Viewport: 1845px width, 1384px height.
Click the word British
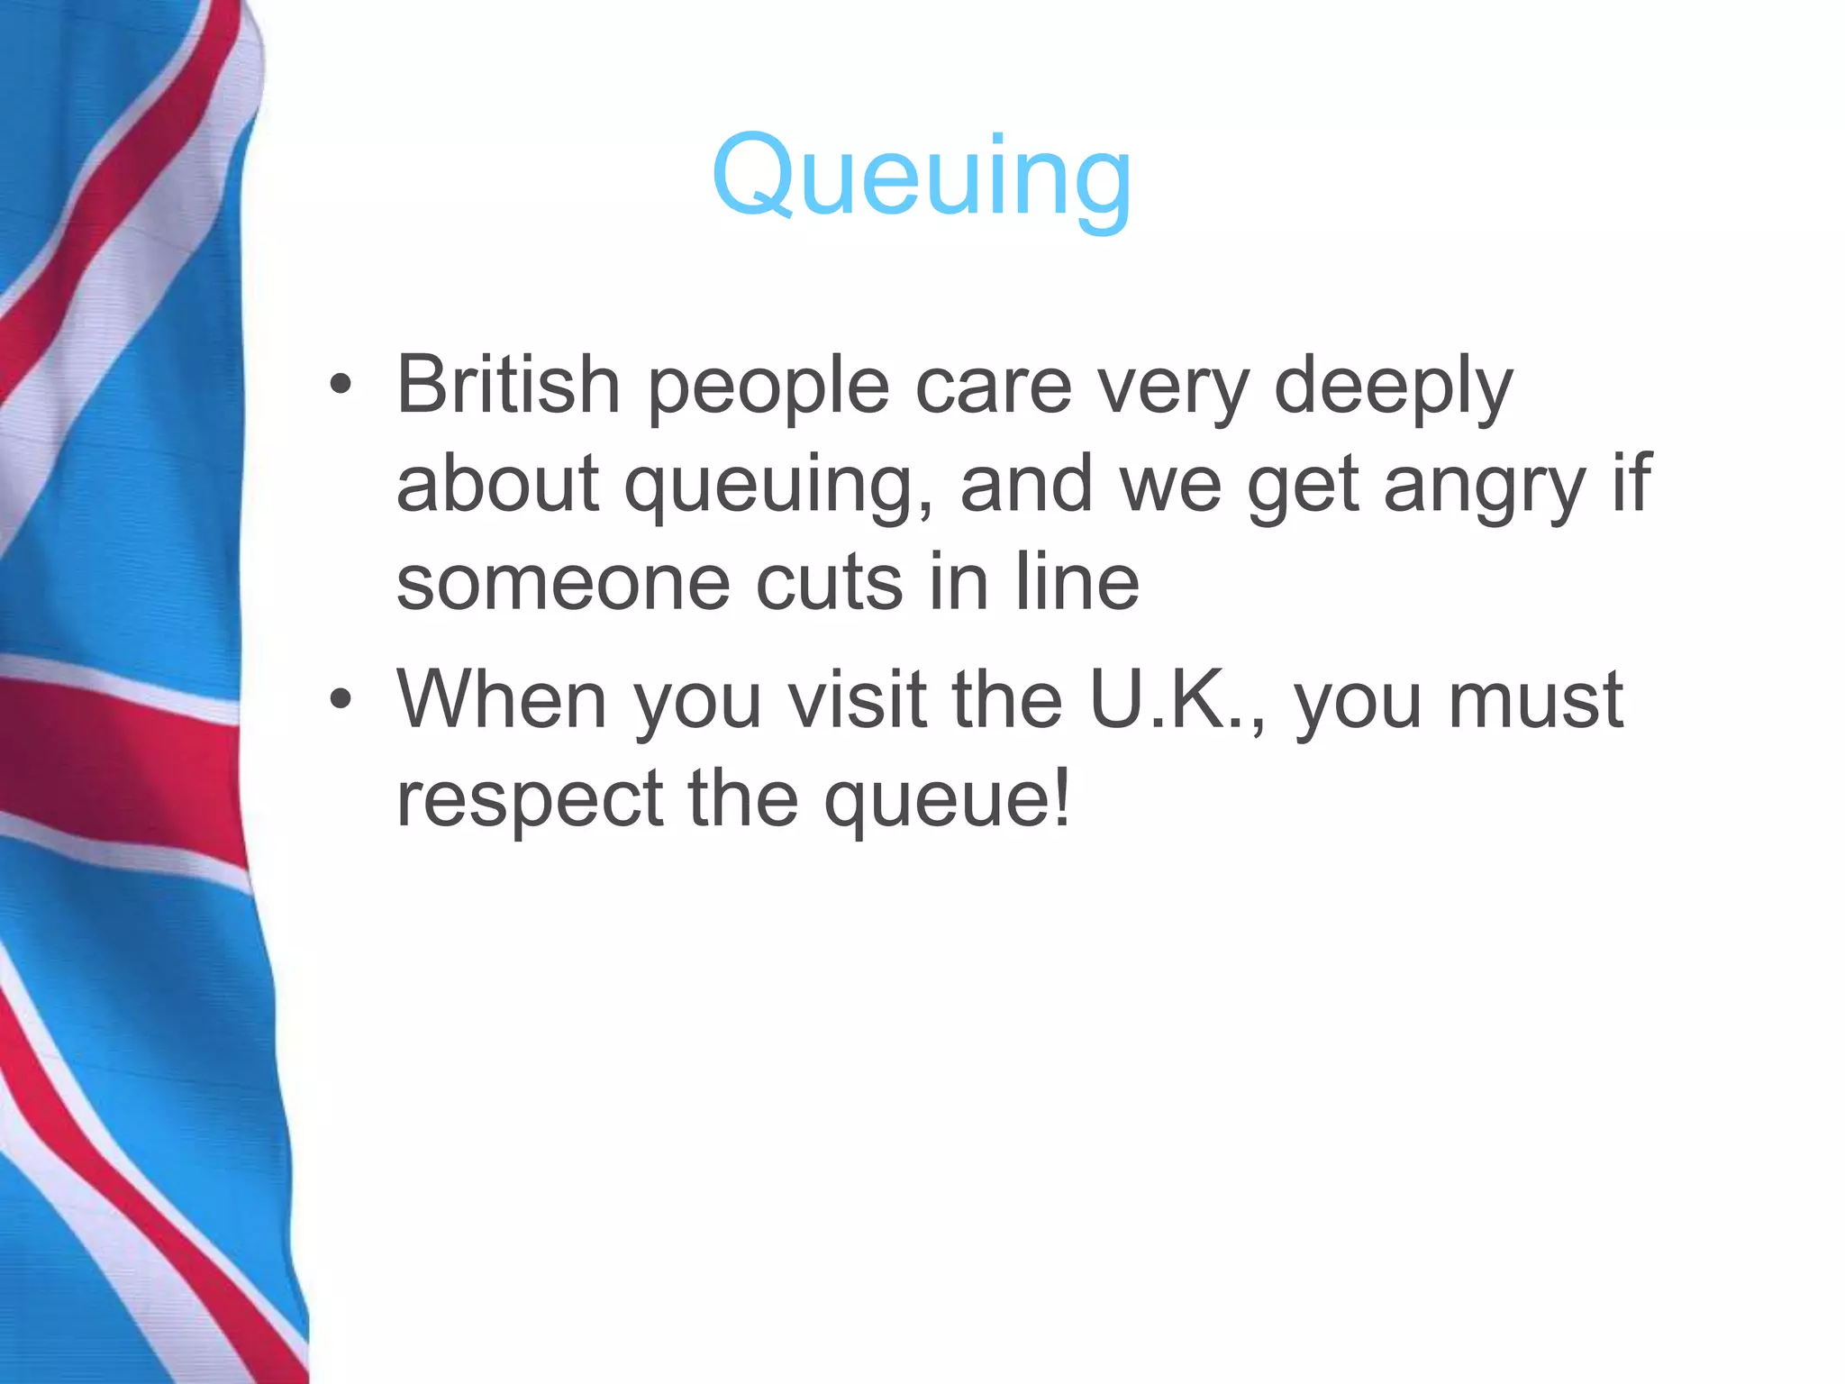[507, 385]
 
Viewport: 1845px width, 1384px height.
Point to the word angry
[1484, 487]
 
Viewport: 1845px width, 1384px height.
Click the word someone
[562, 583]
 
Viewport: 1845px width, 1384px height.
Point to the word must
[1535, 701]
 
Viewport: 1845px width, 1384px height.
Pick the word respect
[530, 801]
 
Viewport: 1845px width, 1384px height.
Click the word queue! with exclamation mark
[948, 801]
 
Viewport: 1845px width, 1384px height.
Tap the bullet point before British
[340, 386]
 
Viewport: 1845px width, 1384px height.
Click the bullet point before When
[340, 700]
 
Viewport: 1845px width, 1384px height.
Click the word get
[1303, 487]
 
